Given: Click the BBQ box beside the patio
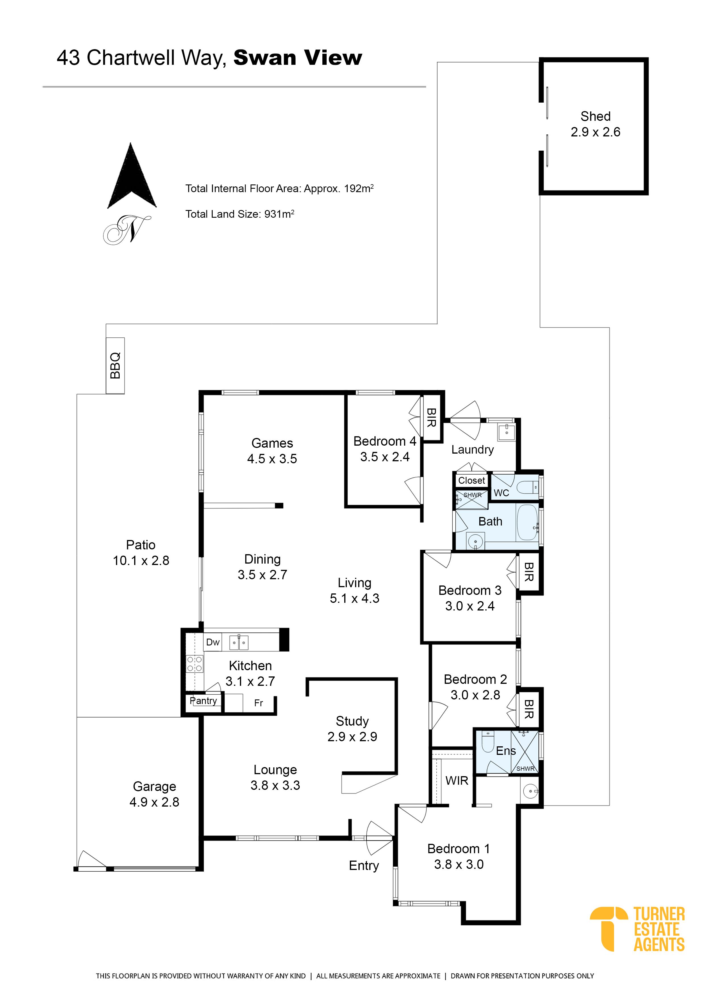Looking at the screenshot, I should (x=115, y=365).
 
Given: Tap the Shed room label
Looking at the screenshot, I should (x=595, y=116).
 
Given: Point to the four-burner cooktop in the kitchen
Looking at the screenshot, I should (x=194, y=664).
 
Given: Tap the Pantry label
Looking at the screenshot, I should (x=203, y=700).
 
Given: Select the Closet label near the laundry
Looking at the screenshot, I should (x=471, y=480).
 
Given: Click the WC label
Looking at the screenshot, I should (x=501, y=493).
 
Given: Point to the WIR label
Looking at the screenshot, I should (x=457, y=781).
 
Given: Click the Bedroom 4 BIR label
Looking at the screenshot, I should (x=431, y=417).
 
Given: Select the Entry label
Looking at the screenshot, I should (x=364, y=865).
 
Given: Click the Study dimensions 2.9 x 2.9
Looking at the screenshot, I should (x=352, y=736).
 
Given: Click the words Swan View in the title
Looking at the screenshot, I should (x=298, y=58).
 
